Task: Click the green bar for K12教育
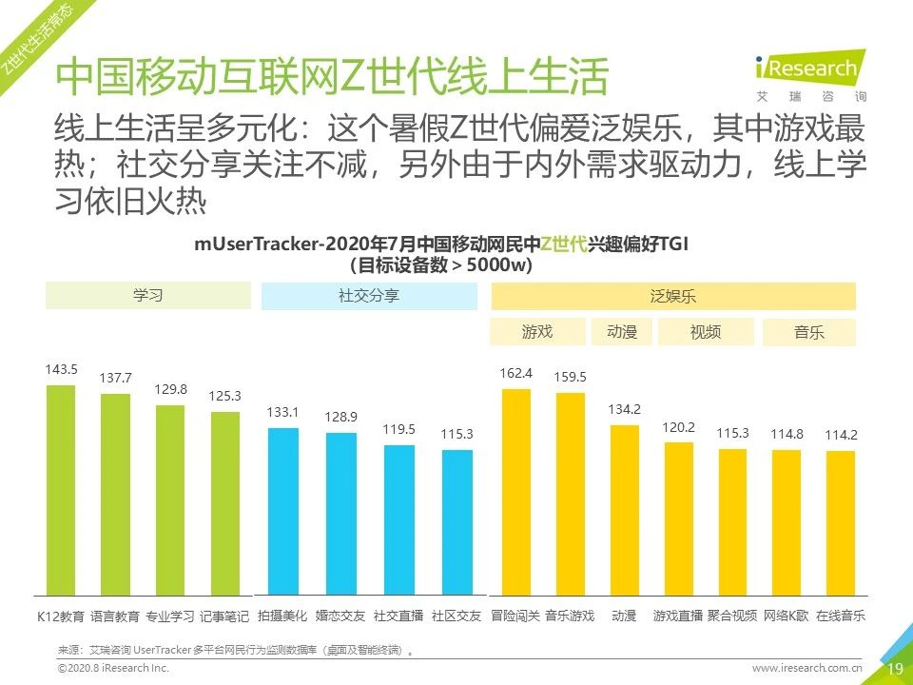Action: coord(61,490)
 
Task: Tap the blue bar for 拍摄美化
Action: coord(282,512)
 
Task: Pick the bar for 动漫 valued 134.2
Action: coord(624,510)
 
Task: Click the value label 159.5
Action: coord(570,377)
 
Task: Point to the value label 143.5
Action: coord(61,369)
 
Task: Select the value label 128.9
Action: coord(340,418)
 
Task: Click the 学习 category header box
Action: coord(148,296)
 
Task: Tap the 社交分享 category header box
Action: coord(369,296)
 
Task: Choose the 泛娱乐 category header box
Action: coord(673,296)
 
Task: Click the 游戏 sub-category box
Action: coord(537,332)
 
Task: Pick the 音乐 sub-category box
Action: coord(808,333)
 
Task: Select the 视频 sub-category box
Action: coord(705,332)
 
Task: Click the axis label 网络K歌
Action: coord(787,616)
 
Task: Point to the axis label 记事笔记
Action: coord(225,616)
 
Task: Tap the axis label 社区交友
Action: coord(456,616)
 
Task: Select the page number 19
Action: coord(894,669)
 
